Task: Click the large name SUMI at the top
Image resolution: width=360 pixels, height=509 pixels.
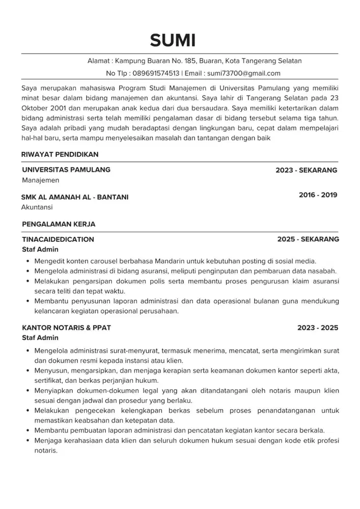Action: (173, 40)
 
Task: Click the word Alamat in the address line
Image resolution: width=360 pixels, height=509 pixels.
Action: (98, 61)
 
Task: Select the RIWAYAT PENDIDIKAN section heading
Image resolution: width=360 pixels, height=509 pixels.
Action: (60, 154)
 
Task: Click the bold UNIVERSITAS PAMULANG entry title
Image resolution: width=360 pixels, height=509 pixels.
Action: (66, 170)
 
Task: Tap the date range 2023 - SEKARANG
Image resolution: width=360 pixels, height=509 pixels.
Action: (306, 171)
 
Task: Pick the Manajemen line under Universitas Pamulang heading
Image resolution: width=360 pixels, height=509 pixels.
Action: (41, 180)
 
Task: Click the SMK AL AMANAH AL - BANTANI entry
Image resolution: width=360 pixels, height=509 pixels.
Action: (75, 197)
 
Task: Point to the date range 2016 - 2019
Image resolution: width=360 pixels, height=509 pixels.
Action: (318, 195)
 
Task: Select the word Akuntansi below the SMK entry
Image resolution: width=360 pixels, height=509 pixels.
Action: (37, 207)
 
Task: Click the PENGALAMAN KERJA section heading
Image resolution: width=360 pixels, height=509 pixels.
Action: (59, 224)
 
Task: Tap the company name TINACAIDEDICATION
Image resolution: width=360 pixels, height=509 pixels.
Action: (58, 239)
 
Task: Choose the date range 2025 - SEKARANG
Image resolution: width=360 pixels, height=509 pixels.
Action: (308, 239)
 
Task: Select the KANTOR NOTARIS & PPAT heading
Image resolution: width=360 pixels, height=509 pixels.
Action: (66, 328)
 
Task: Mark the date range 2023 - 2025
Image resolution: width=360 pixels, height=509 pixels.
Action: (318, 328)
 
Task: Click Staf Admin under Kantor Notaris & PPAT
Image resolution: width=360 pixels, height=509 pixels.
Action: (40, 338)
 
